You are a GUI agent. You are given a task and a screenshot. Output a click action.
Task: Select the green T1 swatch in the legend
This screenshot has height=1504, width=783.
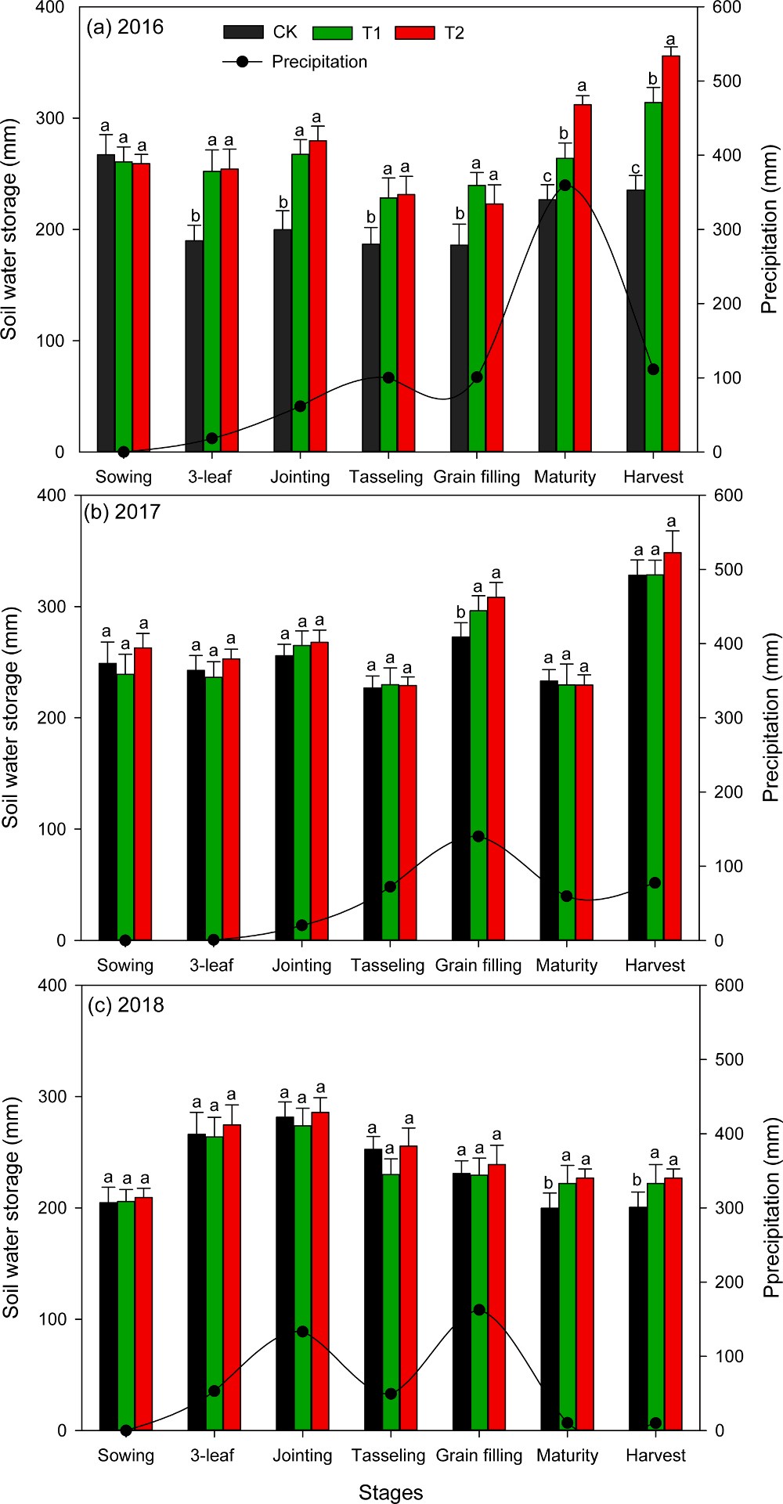332,32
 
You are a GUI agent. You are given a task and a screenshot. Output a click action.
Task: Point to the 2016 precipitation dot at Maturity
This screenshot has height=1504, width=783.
565,186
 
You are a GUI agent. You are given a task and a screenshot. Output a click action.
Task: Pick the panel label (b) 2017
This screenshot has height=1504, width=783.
121,512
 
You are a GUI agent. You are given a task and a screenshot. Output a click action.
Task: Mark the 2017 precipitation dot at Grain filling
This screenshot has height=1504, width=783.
478,836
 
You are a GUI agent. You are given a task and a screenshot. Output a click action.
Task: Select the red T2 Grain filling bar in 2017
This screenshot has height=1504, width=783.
496,767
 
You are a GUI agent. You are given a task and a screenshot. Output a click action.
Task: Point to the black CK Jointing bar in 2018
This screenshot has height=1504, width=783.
284,1273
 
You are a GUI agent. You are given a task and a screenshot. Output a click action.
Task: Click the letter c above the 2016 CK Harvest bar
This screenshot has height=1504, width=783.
636,169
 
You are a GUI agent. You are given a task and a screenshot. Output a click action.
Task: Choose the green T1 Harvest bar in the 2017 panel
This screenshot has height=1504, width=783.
655,756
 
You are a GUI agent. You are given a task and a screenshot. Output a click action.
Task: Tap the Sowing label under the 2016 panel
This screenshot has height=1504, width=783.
124,477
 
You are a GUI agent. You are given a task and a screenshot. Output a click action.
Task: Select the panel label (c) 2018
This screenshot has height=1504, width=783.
125,1005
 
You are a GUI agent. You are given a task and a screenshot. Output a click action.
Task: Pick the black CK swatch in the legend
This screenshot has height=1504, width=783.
243,32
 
